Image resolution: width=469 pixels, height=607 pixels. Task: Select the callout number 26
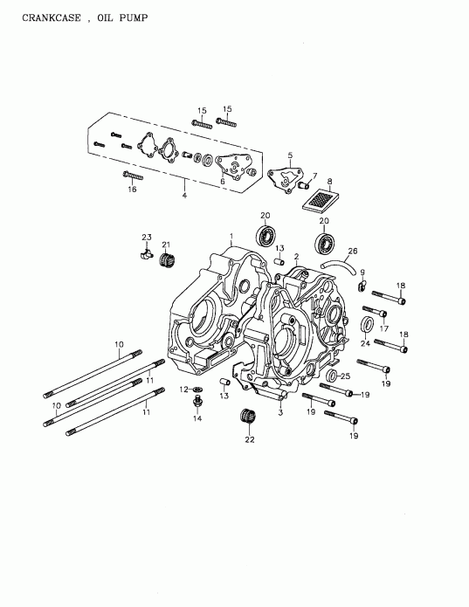click(x=352, y=251)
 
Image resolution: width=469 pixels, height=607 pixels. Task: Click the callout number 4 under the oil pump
click(x=184, y=195)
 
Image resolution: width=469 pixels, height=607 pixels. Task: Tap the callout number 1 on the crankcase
click(x=231, y=236)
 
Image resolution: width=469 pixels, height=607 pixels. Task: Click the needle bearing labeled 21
click(x=167, y=259)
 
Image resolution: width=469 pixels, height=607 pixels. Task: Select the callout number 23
click(x=146, y=237)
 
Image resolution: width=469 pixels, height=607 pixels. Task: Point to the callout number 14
click(x=197, y=419)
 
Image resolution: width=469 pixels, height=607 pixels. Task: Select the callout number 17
click(x=383, y=328)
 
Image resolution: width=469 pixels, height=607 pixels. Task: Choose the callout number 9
click(x=362, y=272)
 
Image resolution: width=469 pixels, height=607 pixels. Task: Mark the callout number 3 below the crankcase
click(x=280, y=413)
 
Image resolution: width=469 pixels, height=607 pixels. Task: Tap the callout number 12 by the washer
click(x=184, y=389)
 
